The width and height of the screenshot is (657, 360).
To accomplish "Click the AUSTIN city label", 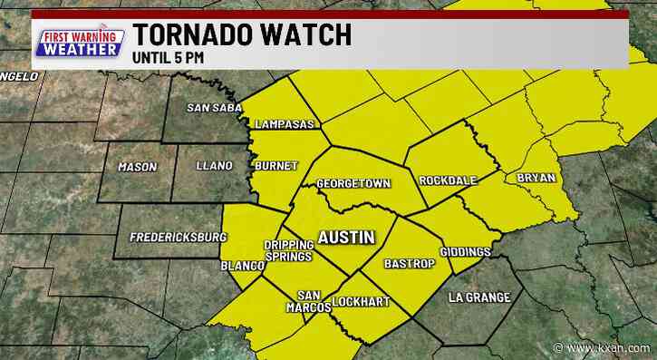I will (344, 238).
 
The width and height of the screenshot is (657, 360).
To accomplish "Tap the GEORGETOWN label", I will (353, 184).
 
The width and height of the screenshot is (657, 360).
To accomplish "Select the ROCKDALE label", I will (448, 180).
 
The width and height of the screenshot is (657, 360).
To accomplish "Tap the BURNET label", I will (272, 168).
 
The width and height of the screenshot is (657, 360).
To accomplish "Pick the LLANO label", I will (215, 166).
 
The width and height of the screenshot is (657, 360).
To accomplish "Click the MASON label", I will (138, 167).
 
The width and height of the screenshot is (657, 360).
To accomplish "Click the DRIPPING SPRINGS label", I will (287, 251).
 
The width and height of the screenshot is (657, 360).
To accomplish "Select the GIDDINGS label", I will (465, 251).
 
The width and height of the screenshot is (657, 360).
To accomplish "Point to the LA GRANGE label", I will (480, 297).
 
